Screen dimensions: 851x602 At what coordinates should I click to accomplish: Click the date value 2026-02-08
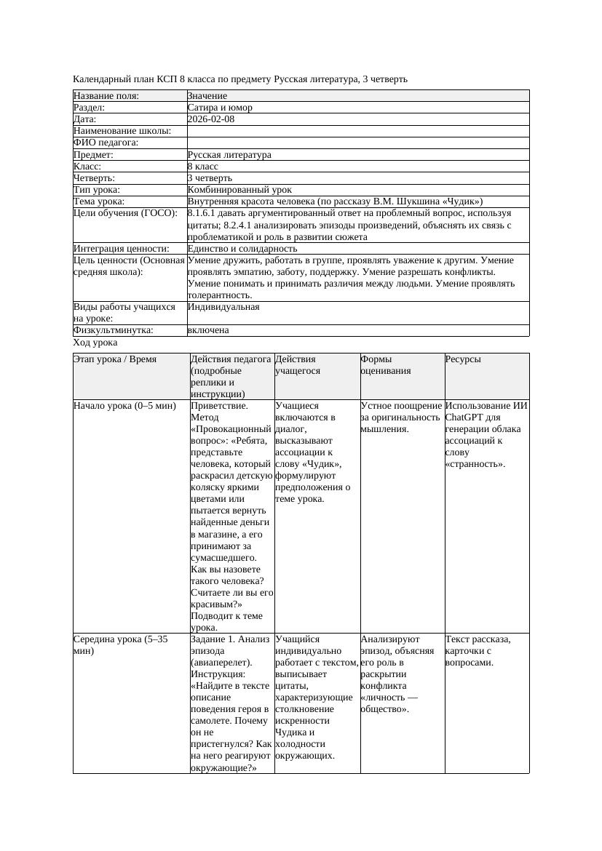(x=211, y=119)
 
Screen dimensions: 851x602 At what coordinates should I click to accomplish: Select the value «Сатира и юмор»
(x=220, y=108)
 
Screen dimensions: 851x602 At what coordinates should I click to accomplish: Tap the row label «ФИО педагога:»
(x=106, y=143)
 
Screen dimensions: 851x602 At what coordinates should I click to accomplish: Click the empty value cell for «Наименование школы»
(x=357, y=131)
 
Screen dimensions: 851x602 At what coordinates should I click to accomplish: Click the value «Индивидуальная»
(x=223, y=307)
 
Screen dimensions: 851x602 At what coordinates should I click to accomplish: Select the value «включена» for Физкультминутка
(x=208, y=330)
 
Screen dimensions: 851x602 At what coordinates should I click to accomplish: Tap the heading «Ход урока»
(x=95, y=343)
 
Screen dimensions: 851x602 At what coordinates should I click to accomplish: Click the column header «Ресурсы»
(x=463, y=359)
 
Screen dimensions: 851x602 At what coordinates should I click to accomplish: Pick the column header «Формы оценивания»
(x=386, y=364)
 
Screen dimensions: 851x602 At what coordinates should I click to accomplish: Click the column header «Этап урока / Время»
(x=115, y=359)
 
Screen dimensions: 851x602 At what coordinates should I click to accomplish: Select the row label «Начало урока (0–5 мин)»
(x=124, y=406)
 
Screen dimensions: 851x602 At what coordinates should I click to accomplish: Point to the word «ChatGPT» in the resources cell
(x=464, y=417)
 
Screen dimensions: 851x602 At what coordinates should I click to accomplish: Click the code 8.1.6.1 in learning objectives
(x=205, y=214)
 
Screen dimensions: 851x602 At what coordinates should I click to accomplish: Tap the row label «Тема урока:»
(x=99, y=201)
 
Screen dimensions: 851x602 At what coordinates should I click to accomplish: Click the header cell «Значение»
(x=207, y=96)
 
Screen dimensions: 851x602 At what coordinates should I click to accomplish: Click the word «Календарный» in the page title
(x=100, y=79)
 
